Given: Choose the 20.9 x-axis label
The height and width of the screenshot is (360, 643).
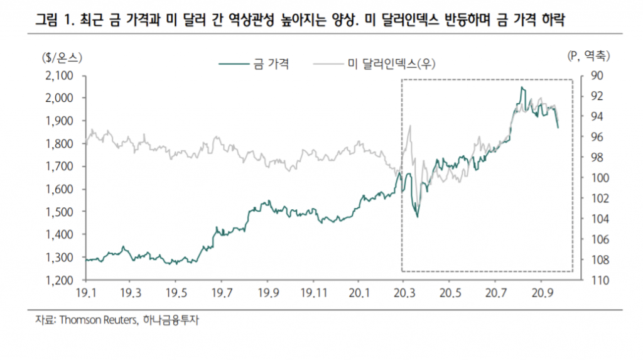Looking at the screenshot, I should click(541, 292).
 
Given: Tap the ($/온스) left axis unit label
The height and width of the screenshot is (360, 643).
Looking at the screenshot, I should click(62, 57).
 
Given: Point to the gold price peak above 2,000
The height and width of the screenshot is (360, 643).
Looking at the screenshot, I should click(522, 89).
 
